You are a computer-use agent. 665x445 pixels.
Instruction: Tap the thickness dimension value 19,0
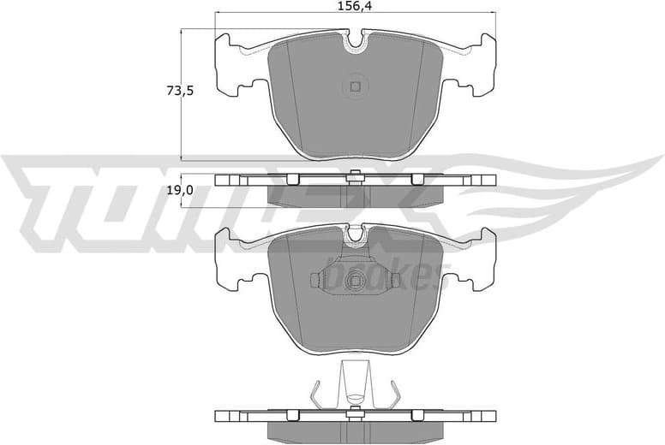point(178,191)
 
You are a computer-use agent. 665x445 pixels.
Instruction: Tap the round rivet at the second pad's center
point(355,280)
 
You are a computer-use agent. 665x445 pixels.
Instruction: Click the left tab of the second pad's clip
point(314,280)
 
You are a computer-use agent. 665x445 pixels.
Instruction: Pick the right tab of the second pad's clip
point(395,280)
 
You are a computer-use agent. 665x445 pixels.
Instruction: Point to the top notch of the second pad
point(354,234)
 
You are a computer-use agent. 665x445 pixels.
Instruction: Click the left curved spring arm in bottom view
point(317,395)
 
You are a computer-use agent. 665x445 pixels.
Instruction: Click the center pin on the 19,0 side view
point(355,177)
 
